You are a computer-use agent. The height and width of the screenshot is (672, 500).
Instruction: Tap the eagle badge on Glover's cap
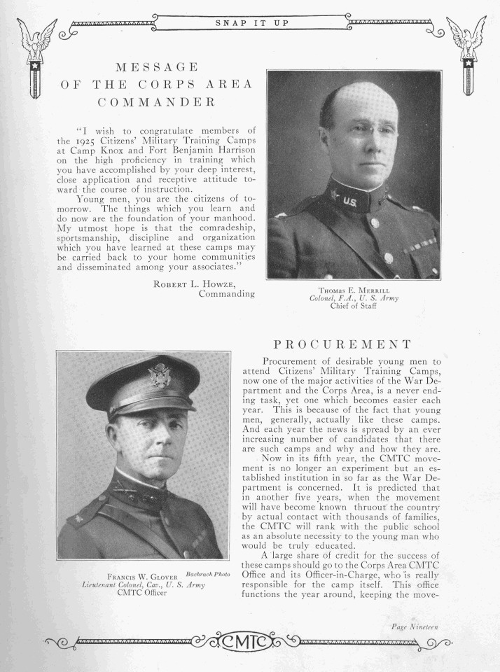(160, 376)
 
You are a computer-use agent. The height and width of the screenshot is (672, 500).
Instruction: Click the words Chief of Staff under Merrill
(354, 307)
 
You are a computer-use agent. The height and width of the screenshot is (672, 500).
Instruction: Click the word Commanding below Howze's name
(226, 294)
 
